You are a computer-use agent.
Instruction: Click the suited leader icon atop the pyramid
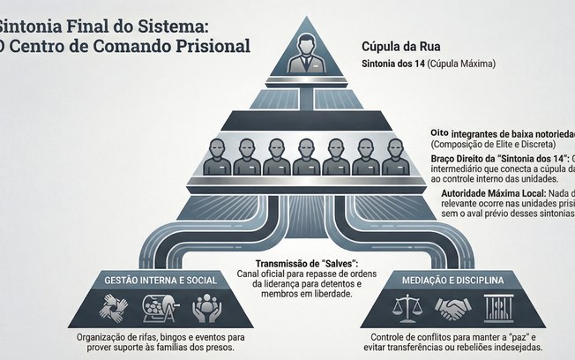coord(305,52)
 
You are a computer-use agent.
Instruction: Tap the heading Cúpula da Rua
coord(400,45)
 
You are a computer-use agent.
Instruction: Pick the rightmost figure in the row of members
coord(396,155)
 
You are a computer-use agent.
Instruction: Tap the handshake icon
coord(456,308)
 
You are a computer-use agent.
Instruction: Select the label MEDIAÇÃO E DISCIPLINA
coord(456,281)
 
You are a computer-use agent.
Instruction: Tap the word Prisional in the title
coord(211,43)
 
